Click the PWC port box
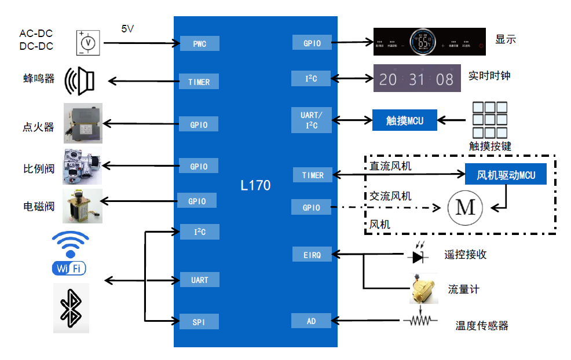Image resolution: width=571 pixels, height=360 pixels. pyautogui.click(x=199, y=43)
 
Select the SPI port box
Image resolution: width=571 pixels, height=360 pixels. pyautogui.click(x=199, y=322)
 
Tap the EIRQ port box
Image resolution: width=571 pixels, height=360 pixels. pyautogui.click(x=312, y=254)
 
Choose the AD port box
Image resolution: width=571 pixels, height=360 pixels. pyautogui.click(x=311, y=320)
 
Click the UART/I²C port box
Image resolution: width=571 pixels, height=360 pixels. pyautogui.click(x=312, y=120)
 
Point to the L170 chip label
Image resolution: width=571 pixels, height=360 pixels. pyautogui.click(x=255, y=186)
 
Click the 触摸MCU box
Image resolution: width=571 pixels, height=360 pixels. pyautogui.click(x=405, y=120)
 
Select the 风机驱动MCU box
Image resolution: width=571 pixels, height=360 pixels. pyautogui.click(x=506, y=174)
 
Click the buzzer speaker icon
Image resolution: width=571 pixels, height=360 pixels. pyautogui.click(x=79, y=80)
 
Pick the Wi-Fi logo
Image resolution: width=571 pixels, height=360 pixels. pyautogui.click(x=70, y=253)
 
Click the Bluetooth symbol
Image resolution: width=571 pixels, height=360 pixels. pyautogui.click(x=71, y=308)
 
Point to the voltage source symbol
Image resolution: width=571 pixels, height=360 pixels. pyautogui.click(x=89, y=43)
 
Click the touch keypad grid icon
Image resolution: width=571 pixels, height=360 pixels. pyautogui.click(x=490, y=119)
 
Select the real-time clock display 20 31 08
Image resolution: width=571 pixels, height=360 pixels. pyautogui.click(x=417, y=78)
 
